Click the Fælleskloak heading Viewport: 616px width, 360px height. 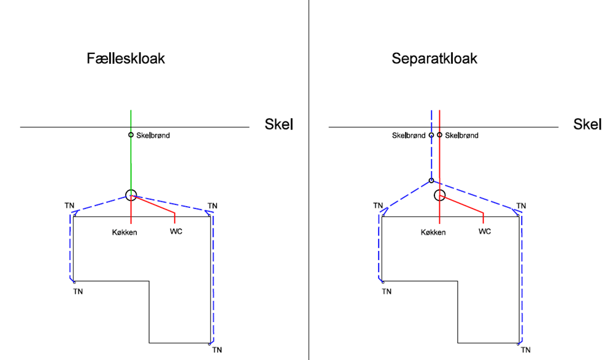[x=126, y=59]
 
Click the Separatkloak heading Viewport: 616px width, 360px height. [x=434, y=59]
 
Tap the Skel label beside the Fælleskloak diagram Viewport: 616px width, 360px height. [x=279, y=124]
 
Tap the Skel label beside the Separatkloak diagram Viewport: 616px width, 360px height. [x=588, y=124]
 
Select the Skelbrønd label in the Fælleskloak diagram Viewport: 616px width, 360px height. [x=153, y=136]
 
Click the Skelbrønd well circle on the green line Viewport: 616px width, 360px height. [x=131, y=135]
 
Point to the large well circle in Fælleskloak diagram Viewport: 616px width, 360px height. [x=131, y=195]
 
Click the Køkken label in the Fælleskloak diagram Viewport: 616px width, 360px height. [x=125, y=232]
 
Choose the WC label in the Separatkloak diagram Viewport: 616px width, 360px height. [x=485, y=231]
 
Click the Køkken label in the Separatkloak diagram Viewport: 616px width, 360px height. [x=433, y=232]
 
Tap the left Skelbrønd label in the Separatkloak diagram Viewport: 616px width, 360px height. [x=408, y=136]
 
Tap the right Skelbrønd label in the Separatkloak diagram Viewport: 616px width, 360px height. [x=462, y=136]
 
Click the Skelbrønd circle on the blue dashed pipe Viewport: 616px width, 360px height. [x=431, y=135]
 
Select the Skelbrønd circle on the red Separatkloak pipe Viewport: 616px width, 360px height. [x=439, y=135]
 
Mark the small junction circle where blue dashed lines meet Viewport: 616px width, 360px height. [x=431, y=180]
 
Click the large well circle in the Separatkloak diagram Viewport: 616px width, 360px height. [x=439, y=195]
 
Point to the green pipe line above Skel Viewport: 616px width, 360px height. [x=131, y=118]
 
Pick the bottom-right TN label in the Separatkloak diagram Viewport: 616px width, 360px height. [x=525, y=350]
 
